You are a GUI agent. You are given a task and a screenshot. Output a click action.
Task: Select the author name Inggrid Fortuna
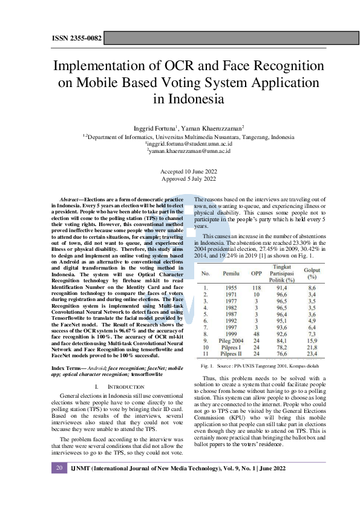point(154,129)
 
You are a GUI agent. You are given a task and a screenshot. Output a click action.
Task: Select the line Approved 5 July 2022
point(180,180)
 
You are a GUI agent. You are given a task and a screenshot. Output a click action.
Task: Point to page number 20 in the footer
point(59,485)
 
